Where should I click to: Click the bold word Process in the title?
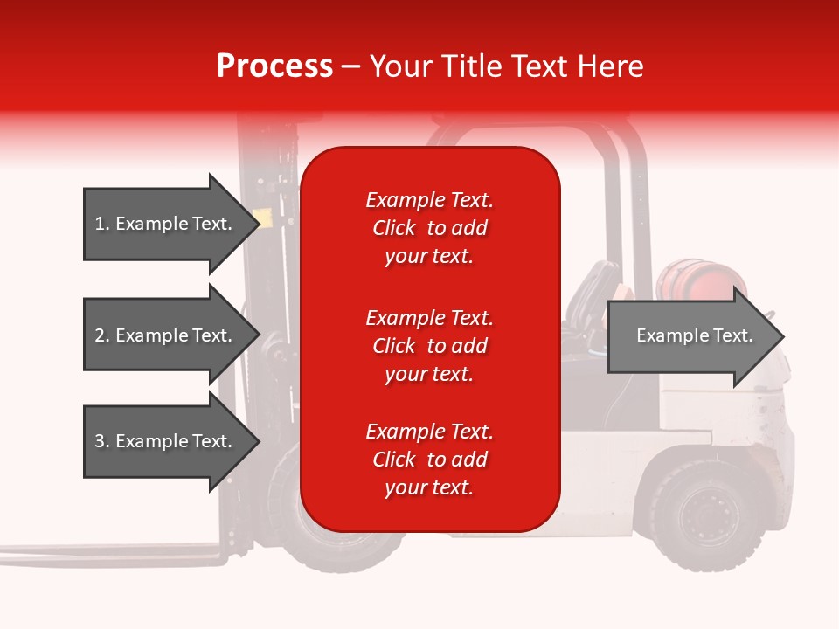tap(274, 66)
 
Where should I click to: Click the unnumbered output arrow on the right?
tap(695, 335)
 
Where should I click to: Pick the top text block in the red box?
tap(429, 228)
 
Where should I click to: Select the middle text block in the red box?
tap(429, 346)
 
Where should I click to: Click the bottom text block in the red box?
tap(429, 460)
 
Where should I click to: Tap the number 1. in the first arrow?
tap(102, 224)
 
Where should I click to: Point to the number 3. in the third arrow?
tap(102, 441)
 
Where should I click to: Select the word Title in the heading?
tap(469, 66)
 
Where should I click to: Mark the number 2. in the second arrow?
tap(102, 335)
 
